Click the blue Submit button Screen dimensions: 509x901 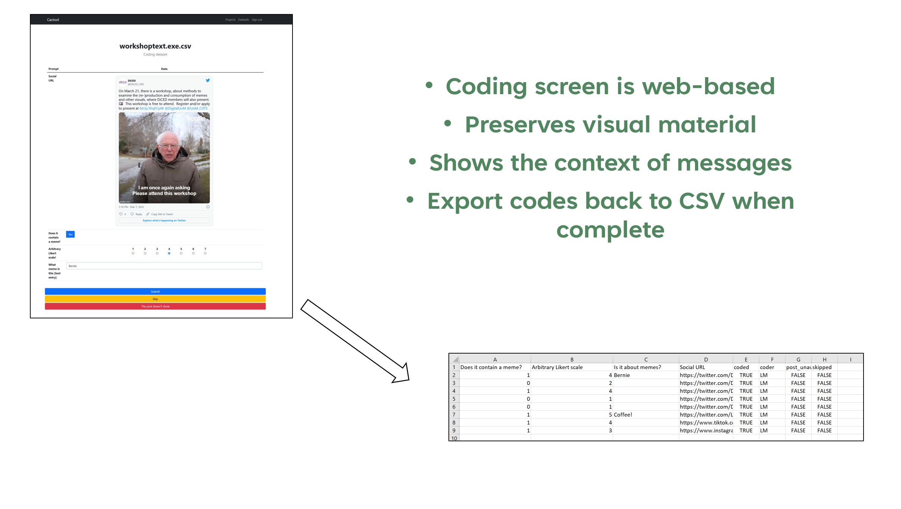coord(155,292)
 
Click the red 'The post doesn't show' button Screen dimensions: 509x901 coord(155,306)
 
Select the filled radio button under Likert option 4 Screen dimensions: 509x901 coord(169,253)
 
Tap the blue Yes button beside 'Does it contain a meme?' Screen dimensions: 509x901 coord(70,234)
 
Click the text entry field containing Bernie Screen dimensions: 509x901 coord(164,266)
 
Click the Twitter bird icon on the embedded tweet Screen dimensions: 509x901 coord(208,80)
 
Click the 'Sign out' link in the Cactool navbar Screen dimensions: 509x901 coord(257,20)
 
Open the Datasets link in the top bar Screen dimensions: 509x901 coord(243,20)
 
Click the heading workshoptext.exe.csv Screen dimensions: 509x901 coord(155,46)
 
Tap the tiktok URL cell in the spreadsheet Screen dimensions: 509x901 coord(706,422)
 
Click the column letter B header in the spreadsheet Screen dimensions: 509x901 coord(572,359)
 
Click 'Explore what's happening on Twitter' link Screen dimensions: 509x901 coord(164,220)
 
